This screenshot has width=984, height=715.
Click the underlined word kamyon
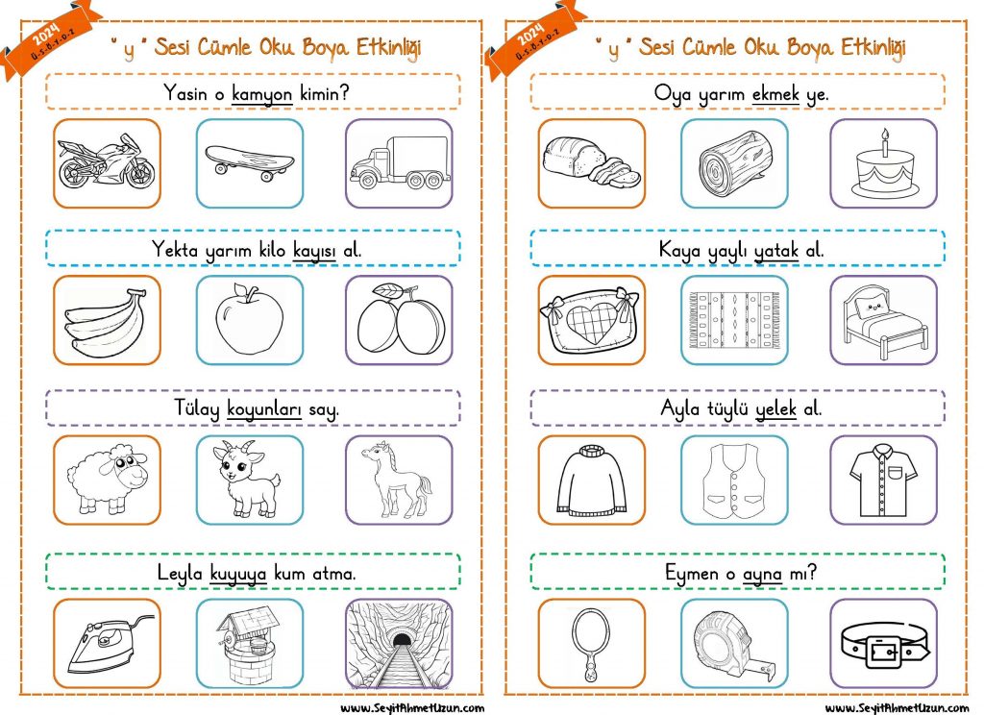261,94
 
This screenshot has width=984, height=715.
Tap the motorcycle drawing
106,161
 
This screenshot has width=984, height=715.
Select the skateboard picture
249,161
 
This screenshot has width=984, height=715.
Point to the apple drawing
249,319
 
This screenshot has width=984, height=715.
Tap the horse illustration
397,479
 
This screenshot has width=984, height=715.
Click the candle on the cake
885,143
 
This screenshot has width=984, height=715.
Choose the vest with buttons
734,481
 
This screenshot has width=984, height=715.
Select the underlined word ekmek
775,94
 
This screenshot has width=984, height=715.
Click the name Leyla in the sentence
180,573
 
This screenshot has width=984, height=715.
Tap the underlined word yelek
775,409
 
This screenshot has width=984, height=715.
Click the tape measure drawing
734,646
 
